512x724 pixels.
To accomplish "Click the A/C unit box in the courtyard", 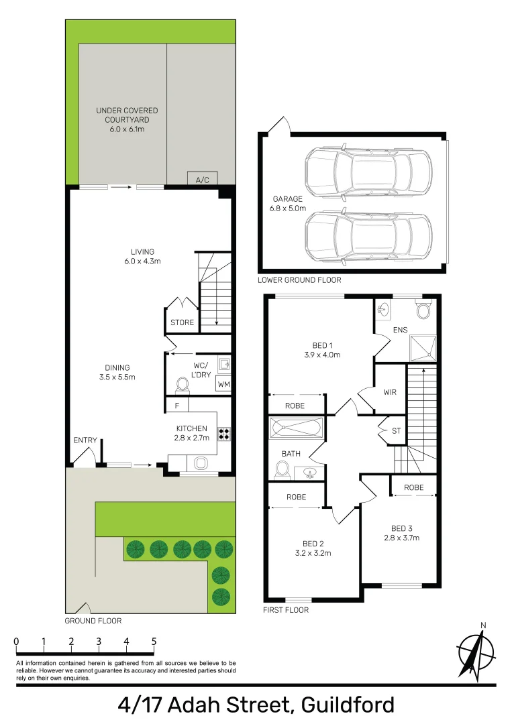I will [x=202, y=180].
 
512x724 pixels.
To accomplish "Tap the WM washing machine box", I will [x=223, y=385].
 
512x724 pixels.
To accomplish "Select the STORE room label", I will [x=182, y=322].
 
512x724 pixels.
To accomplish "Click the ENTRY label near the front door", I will [x=85, y=440].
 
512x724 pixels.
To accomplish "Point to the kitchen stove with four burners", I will [x=224, y=434].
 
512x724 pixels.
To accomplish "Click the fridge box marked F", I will [x=177, y=405].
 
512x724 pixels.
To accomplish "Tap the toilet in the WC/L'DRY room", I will [x=181, y=385].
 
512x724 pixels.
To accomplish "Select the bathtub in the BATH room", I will [x=296, y=427].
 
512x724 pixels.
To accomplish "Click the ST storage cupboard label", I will [x=396, y=430].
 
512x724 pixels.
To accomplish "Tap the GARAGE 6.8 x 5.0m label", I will [x=288, y=204].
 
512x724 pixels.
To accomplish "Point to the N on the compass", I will [x=482, y=626].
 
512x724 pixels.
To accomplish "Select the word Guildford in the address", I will [x=348, y=705].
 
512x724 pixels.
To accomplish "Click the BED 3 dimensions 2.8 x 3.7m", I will [x=401, y=537].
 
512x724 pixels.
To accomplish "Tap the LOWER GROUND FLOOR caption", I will [x=299, y=280].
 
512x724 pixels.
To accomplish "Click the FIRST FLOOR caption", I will [x=286, y=610].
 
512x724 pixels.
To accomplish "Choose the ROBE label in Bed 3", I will [x=414, y=487].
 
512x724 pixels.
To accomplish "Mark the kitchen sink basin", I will [x=199, y=463].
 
